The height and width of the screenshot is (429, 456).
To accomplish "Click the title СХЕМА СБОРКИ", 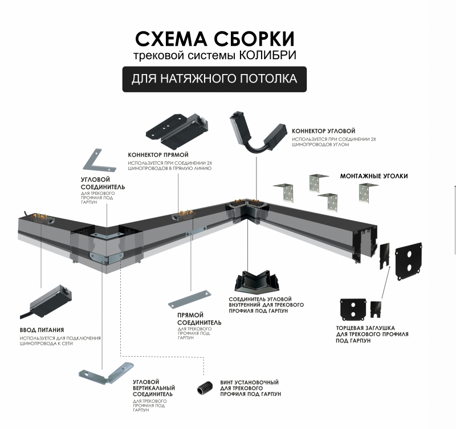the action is (215, 39).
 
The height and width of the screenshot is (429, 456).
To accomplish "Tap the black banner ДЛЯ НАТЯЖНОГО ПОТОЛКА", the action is (214, 79).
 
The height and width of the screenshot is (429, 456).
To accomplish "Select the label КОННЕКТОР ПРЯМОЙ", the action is (158, 155).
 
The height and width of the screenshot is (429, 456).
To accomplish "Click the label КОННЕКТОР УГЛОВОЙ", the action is (323, 131).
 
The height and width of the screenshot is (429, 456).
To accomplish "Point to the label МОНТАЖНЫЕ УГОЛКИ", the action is (374, 176).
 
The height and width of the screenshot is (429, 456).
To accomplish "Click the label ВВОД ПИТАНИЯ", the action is (42, 330).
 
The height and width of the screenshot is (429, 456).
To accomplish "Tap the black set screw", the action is (205, 388).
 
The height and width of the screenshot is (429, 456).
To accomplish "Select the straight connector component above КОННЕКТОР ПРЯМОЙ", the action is (177, 130).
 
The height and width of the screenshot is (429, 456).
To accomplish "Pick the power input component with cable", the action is (47, 303).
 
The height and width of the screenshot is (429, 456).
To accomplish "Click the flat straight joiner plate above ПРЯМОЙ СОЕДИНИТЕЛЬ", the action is (189, 299).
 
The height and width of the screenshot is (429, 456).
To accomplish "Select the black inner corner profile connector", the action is (256, 283).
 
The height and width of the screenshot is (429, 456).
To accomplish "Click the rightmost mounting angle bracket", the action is (367, 193).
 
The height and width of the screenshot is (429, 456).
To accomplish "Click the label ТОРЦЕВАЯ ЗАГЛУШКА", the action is (365, 328).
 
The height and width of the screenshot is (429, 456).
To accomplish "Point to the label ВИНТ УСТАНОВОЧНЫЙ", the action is (249, 382).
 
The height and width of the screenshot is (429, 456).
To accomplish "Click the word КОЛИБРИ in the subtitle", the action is (267, 55).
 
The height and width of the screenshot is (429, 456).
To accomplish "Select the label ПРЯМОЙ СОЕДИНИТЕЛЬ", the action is (199, 319).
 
